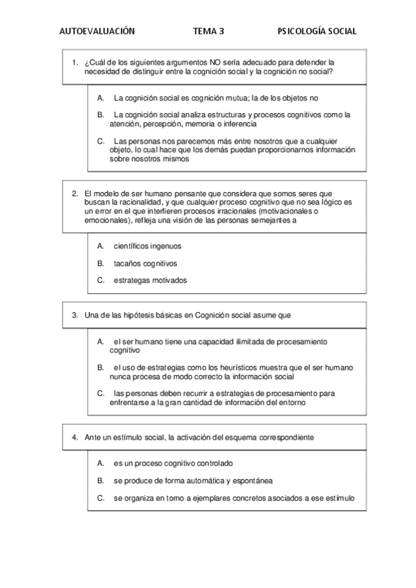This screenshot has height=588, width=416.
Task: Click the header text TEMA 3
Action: click(x=209, y=31)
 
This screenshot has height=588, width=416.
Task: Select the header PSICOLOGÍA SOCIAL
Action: click(x=317, y=31)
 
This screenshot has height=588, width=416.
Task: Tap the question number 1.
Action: click(x=74, y=62)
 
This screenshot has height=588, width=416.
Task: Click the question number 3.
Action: click(x=74, y=315)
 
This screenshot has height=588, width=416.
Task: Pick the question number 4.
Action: click(x=74, y=438)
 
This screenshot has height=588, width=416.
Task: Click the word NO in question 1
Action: click(x=205, y=62)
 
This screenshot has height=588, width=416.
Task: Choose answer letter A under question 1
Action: click(x=100, y=98)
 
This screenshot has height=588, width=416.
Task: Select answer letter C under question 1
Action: click(x=100, y=141)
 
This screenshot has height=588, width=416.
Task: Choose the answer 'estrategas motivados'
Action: click(x=150, y=280)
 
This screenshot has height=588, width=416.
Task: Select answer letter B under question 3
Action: click(x=100, y=367)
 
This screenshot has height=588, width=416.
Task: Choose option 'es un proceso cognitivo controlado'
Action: click(x=173, y=462)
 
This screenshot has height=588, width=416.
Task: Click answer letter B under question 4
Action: click(x=100, y=480)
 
